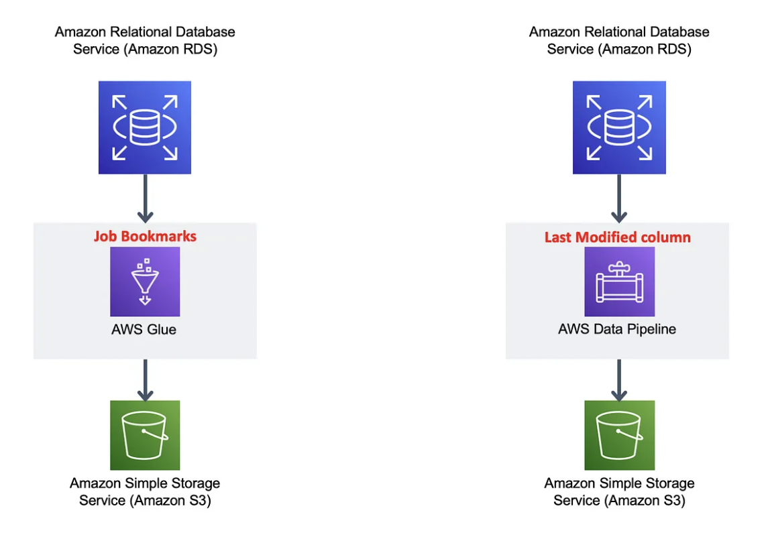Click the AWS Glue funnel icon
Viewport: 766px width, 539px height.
145,282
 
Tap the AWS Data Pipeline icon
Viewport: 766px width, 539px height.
619,282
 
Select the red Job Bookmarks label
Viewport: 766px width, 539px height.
145,236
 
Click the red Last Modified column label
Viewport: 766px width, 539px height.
617,237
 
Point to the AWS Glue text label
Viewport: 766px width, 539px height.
145,329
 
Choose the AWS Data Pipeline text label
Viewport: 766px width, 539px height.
617,329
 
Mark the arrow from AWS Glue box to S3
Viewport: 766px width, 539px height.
145,379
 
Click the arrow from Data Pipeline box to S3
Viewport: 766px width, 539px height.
619,379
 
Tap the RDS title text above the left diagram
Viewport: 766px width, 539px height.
145,40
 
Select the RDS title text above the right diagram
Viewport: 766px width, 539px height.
619,40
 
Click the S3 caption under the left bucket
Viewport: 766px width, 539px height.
145,491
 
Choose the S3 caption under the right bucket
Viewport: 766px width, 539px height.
619,491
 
